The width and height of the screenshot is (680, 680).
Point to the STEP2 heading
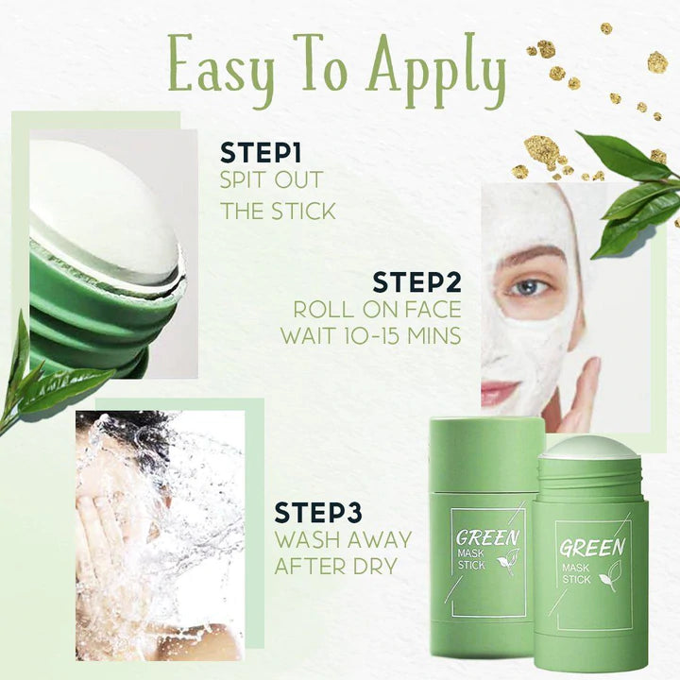(x=416, y=281)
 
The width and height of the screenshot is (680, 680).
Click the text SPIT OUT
(x=272, y=180)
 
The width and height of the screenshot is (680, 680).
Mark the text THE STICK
(x=279, y=211)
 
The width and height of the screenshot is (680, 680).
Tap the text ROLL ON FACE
(x=377, y=309)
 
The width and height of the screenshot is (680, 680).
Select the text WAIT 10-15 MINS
(x=370, y=335)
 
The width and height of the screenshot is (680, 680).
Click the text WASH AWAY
(x=343, y=540)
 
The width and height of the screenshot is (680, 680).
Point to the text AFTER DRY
(x=335, y=567)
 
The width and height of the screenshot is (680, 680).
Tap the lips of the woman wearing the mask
(x=501, y=391)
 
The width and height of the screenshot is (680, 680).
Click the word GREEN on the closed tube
(x=487, y=540)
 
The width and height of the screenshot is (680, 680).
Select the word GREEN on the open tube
(x=591, y=547)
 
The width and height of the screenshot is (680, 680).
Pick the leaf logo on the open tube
(x=610, y=576)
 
